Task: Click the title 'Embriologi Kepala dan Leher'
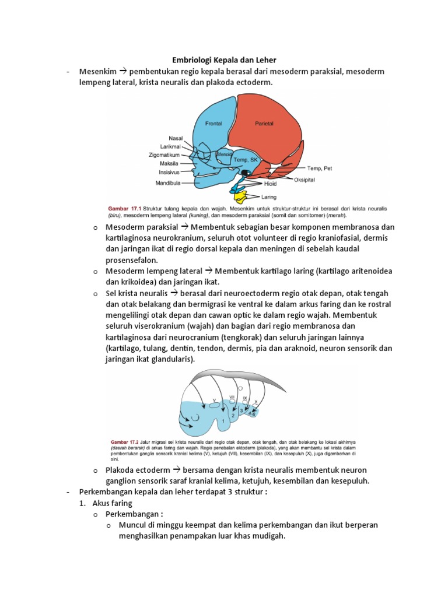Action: [x=223, y=60]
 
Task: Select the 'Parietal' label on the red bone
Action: [x=264, y=124]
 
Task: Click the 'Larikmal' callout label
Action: [x=171, y=147]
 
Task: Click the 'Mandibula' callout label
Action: [x=167, y=182]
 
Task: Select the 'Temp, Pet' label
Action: [x=319, y=168]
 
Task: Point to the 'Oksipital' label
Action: [x=304, y=180]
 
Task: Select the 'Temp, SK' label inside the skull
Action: [x=245, y=159]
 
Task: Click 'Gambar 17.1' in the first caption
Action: [x=124, y=208]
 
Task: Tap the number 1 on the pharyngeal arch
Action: [x=223, y=420]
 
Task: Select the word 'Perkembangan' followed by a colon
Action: [x=131, y=514]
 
